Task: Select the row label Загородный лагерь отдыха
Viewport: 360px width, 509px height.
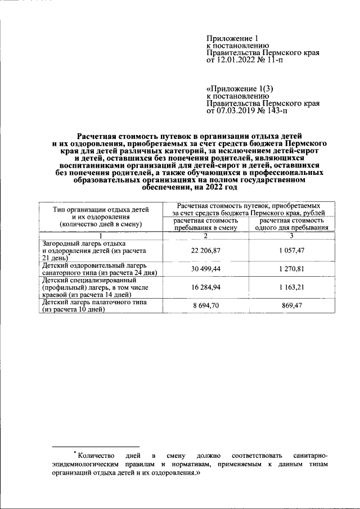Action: coord(84,242)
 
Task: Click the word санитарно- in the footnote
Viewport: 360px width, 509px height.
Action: coord(310,454)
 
